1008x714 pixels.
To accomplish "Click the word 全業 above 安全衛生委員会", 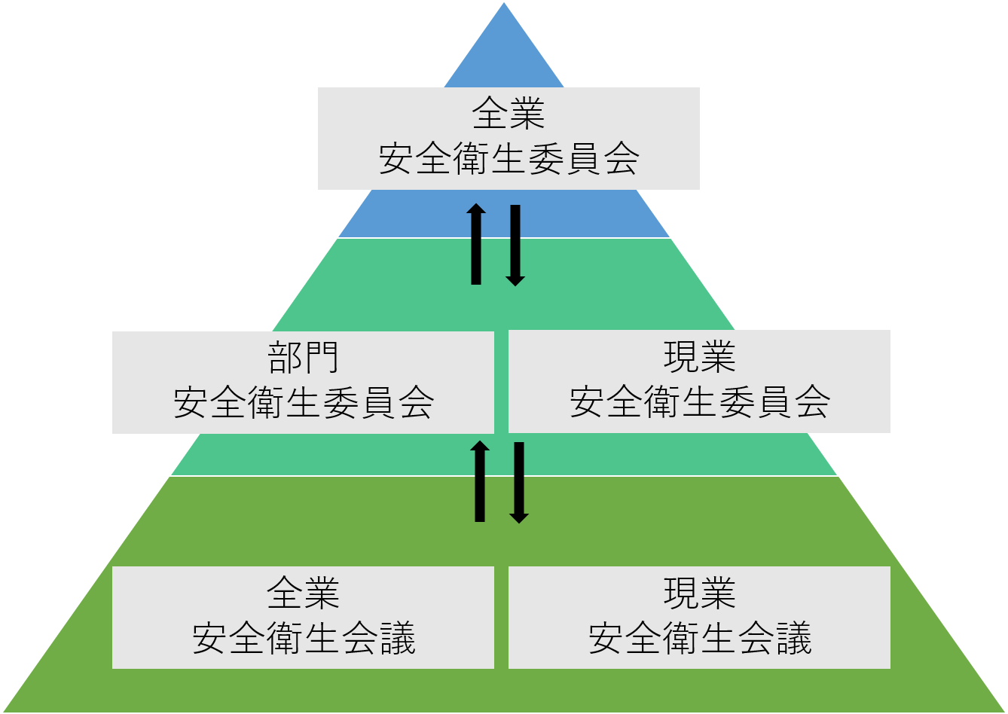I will point(509,116).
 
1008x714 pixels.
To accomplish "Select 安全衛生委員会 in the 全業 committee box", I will point(509,160).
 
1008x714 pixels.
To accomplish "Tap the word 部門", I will point(303,358).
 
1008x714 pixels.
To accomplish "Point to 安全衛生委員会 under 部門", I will point(303,403).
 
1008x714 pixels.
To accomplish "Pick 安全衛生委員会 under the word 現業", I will point(699,402).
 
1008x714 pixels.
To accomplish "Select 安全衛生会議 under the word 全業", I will point(303,639).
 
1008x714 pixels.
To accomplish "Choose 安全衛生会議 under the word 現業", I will point(699,639).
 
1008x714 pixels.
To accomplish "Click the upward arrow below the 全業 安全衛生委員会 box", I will point(476,244).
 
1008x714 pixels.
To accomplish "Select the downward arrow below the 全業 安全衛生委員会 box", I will point(515,246).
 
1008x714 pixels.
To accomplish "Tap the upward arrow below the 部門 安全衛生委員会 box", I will point(480,481).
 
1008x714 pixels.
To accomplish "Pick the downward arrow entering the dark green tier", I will point(519,483).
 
